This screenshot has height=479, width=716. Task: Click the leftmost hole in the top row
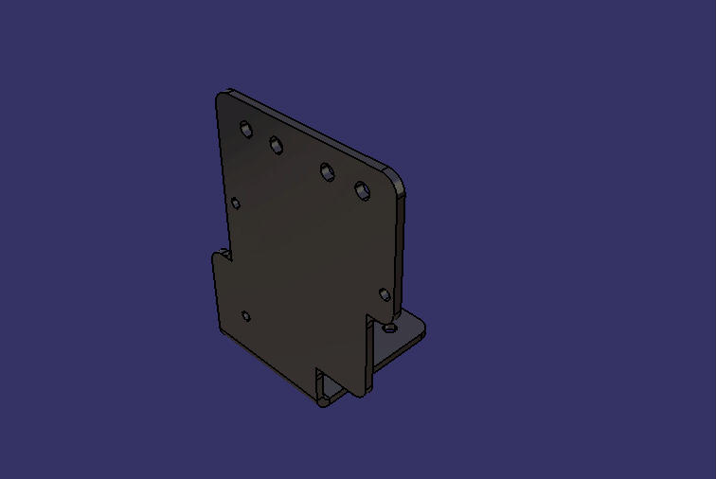[x=246, y=129]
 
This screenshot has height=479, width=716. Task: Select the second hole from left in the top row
[x=277, y=145]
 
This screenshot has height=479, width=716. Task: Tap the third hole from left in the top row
[x=327, y=172]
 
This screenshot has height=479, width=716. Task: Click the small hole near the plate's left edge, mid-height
[x=236, y=203]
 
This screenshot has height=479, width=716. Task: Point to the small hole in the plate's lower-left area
[x=245, y=316]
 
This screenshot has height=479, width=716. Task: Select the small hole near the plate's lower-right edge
[x=385, y=294]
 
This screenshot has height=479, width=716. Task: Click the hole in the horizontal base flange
[x=390, y=328]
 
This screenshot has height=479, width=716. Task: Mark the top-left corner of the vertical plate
[x=220, y=96]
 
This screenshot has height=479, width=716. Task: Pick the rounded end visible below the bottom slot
[x=323, y=401]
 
